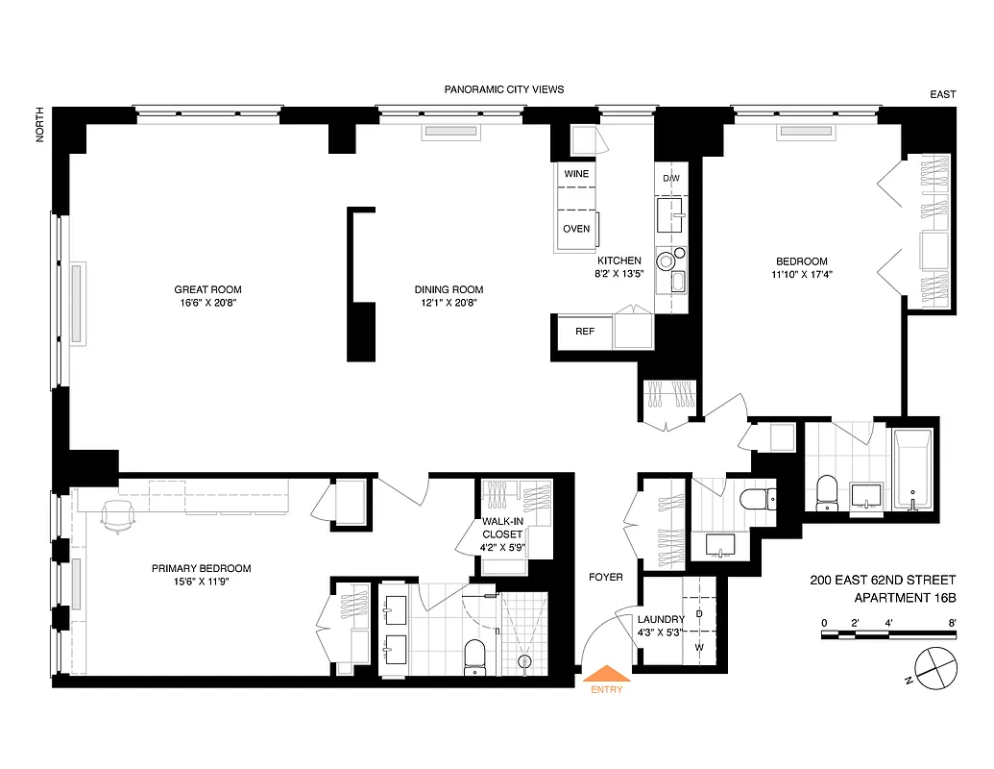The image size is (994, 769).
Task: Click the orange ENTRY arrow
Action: point(607,675)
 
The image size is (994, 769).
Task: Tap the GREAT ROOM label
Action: point(207,289)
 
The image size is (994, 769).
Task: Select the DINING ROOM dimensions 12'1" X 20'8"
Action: point(449,303)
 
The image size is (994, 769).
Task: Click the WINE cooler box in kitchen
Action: point(576,174)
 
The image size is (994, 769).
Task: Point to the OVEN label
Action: point(576,229)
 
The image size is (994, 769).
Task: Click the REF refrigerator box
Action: point(585,332)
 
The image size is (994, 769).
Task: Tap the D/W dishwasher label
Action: point(671,179)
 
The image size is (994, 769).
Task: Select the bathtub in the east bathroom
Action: point(912,469)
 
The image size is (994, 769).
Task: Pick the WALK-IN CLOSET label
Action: point(502,529)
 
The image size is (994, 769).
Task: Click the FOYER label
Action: point(606,578)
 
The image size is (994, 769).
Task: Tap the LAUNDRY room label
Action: point(661,620)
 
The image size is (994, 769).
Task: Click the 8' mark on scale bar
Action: point(951,623)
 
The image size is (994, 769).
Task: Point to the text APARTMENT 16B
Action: point(905,598)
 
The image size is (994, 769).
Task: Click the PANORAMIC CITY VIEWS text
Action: point(503,89)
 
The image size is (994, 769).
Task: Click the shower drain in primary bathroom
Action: point(525,661)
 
